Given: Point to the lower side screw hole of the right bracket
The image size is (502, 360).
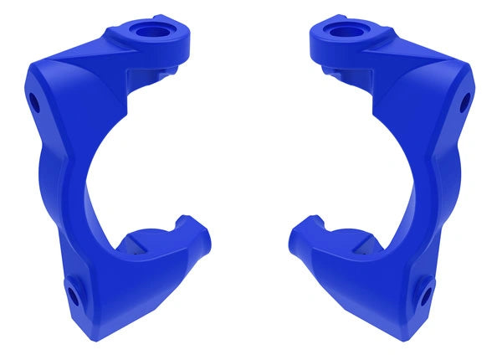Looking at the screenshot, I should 428,294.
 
